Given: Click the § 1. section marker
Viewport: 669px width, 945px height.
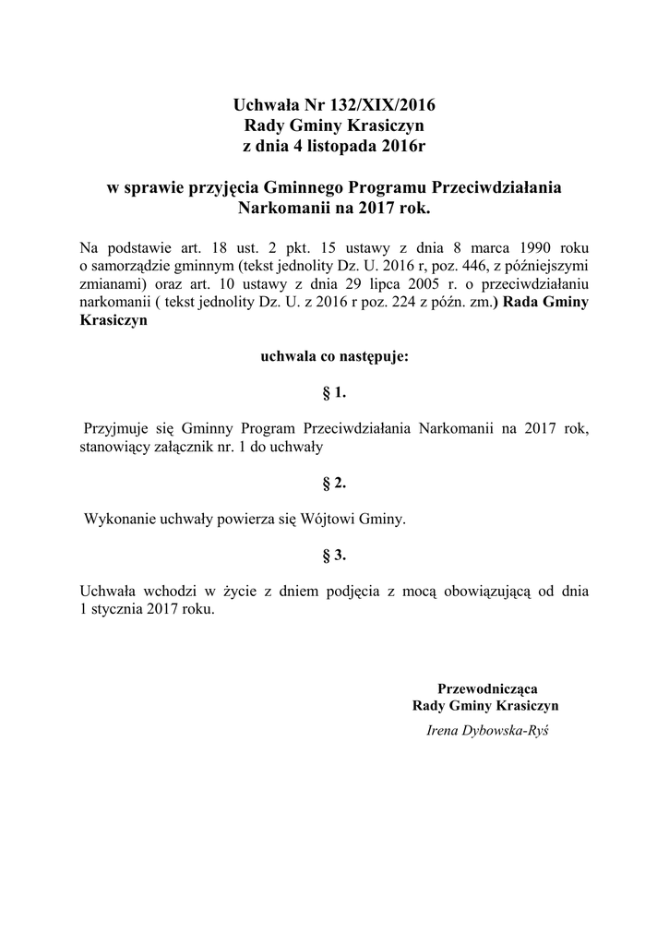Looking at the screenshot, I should tap(334, 392).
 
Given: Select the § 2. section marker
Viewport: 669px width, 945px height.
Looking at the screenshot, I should tap(334, 482).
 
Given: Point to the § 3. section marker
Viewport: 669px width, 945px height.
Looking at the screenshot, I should tap(334, 555).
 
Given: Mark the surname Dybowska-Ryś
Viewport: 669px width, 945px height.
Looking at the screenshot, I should tap(505, 730).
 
